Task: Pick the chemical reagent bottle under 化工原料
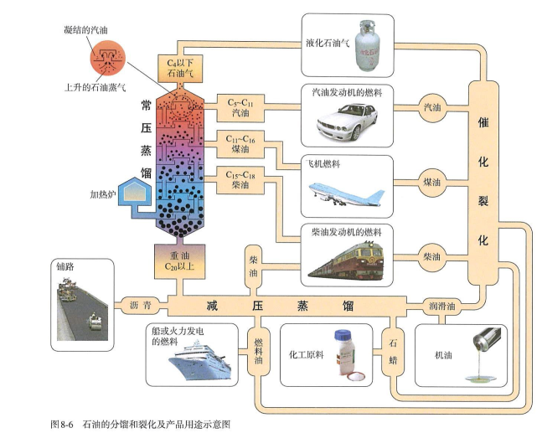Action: click(343, 356)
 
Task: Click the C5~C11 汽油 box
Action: click(240, 107)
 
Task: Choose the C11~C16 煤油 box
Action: click(240, 142)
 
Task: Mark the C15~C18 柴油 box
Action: click(240, 178)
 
